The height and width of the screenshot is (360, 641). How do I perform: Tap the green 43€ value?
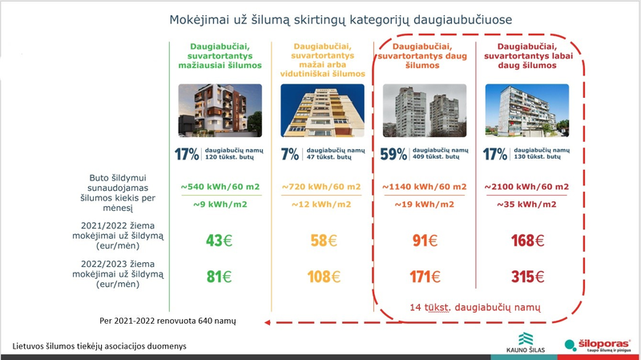[x=216, y=240]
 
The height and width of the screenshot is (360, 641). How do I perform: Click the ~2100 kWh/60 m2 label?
[x=525, y=187]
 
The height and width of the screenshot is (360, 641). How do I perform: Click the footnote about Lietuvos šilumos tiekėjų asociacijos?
[x=101, y=346]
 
